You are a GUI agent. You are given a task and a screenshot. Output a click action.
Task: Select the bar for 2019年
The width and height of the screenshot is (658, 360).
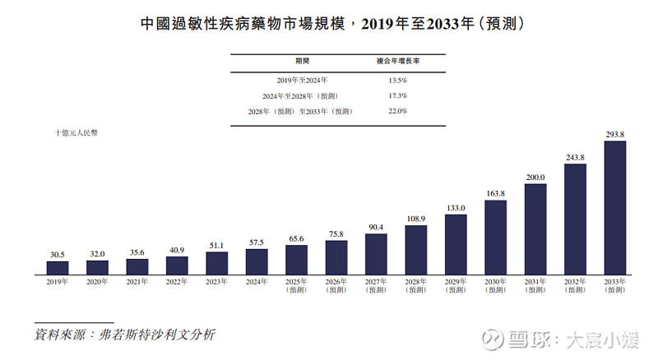58,267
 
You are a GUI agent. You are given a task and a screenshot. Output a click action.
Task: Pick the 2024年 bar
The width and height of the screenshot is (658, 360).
257,261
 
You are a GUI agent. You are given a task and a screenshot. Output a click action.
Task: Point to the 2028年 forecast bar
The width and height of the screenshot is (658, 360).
416,249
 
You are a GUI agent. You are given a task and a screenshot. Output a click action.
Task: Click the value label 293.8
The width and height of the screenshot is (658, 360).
615,134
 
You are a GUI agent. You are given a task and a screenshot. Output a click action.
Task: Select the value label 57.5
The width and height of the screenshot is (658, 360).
257,242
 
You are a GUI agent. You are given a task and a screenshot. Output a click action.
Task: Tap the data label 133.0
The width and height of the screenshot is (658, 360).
456,208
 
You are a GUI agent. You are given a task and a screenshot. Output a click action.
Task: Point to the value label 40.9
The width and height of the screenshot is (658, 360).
177,250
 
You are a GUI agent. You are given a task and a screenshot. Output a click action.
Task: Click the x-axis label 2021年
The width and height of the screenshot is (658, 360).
137,282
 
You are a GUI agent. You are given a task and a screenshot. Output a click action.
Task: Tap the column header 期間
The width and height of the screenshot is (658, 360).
302,62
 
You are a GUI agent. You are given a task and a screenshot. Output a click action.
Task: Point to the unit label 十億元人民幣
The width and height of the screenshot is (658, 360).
76,133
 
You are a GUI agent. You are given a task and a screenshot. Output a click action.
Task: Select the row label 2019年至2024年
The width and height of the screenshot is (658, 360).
302,81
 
